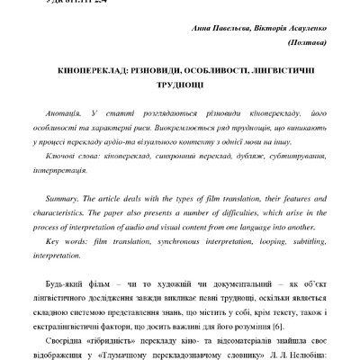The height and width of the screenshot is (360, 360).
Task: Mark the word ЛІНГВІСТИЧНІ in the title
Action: point(284,69)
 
